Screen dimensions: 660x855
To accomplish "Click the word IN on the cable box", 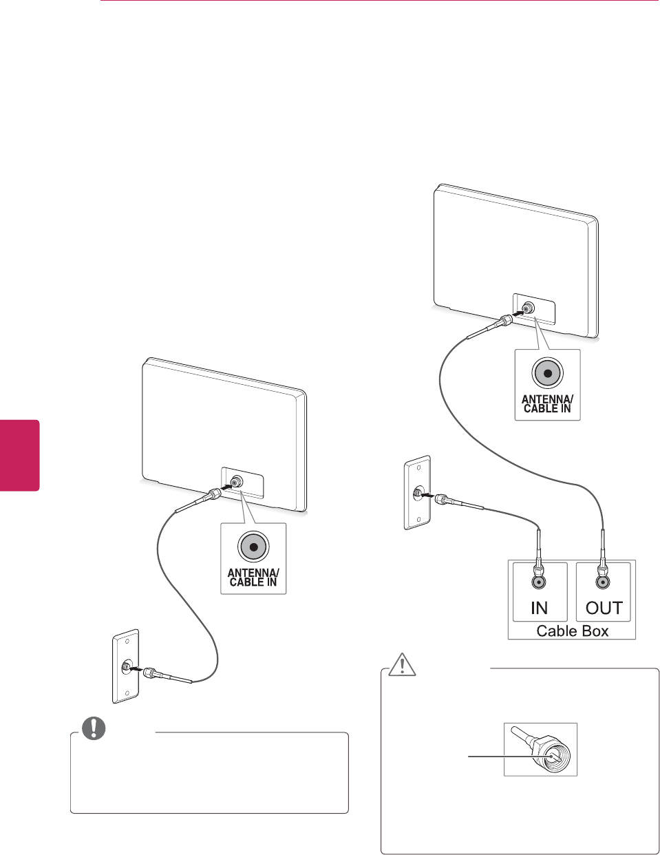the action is (539, 608).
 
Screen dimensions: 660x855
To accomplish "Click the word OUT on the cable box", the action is (603, 608).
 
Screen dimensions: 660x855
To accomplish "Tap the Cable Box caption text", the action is (572, 631).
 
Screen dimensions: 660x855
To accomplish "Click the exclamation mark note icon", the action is (94, 728).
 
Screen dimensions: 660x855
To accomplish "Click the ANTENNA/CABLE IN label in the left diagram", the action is (253, 577).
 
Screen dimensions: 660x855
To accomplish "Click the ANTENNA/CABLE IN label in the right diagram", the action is (547, 403).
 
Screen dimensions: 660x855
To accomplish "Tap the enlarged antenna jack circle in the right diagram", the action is (547, 374).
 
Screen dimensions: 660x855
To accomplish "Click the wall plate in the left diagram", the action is (126, 666).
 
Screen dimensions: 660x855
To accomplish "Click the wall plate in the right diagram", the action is (417, 492).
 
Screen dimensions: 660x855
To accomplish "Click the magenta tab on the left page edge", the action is (19, 455).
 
